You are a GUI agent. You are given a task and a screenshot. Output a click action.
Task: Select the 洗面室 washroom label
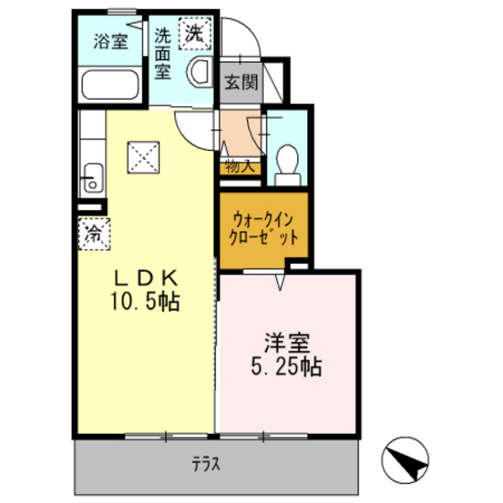pos(163,53)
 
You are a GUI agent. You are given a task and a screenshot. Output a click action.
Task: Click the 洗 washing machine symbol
pos(193,33)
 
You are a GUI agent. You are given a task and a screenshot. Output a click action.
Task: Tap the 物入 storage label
pos(238,166)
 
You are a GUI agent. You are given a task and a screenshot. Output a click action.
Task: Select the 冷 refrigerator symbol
pos(93,234)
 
